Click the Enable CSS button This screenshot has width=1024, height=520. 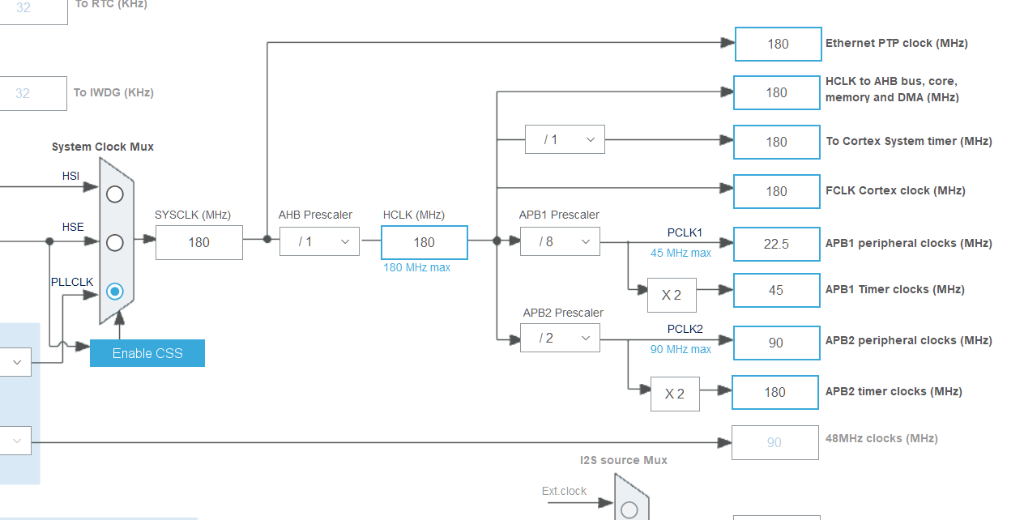(x=147, y=353)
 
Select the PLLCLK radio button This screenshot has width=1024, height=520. (x=115, y=291)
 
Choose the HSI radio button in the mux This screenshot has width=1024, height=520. (x=115, y=194)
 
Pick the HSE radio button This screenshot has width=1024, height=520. (x=115, y=242)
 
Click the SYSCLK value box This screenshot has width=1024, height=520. (x=198, y=242)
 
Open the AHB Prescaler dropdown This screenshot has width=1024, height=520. (x=319, y=241)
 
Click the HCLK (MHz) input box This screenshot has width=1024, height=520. (x=424, y=242)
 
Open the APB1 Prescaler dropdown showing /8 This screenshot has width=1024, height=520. (x=560, y=241)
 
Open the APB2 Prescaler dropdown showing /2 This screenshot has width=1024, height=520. (x=560, y=338)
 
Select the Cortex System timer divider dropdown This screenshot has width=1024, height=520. (x=565, y=140)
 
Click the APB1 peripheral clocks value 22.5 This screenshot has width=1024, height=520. (x=776, y=244)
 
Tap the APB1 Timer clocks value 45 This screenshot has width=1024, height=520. (x=776, y=290)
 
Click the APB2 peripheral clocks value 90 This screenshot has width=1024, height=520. (x=776, y=343)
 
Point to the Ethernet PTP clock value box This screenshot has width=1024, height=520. (x=778, y=44)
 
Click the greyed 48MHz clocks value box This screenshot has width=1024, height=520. (x=774, y=442)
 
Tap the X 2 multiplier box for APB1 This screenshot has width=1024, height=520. (x=672, y=295)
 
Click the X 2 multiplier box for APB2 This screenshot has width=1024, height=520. (x=675, y=394)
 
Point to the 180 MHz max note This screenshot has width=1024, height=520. (x=417, y=267)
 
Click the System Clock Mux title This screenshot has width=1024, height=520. (x=103, y=147)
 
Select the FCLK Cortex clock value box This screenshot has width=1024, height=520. (x=776, y=191)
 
